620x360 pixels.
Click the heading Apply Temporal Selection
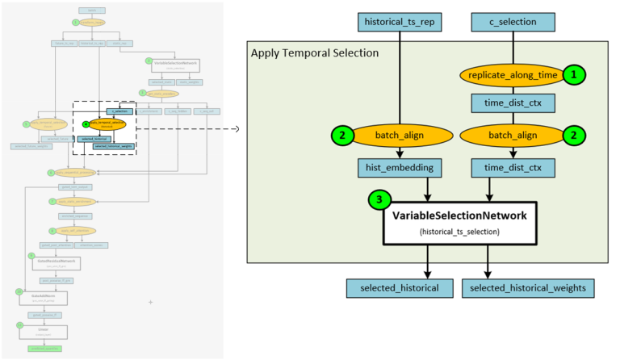(314, 53)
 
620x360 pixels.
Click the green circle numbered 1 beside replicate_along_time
(573, 74)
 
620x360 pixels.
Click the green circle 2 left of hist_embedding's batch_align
(342, 136)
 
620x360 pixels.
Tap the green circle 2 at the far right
(573, 136)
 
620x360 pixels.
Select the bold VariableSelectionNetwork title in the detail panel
(459, 216)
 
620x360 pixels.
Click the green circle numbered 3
(379, 199)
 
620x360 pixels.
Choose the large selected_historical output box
(400, 287)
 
